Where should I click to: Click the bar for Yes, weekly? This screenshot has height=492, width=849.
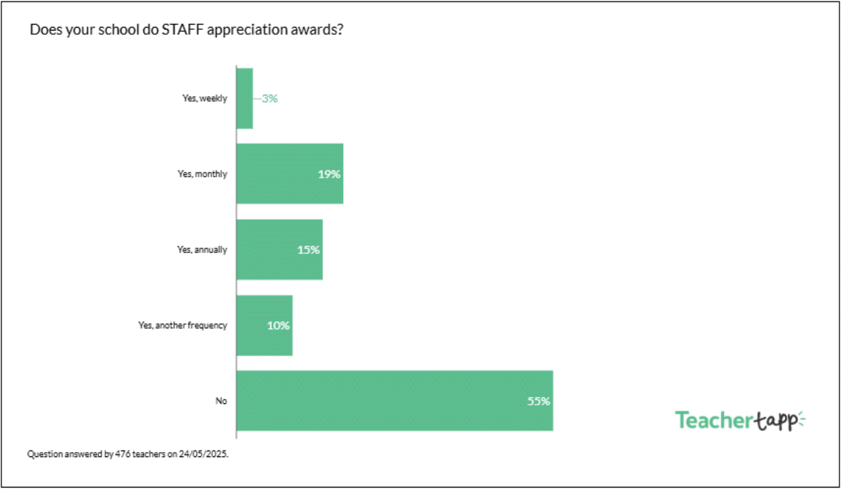tap(245, 98)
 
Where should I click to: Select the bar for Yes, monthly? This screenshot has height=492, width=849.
tap(289, 174)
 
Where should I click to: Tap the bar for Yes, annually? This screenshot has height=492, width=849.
tap(279, 250)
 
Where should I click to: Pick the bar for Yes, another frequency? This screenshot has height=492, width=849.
tap(265, 325)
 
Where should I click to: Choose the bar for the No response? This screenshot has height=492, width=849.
tap(395, 401)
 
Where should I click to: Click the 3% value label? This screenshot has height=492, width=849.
tap(270, 98)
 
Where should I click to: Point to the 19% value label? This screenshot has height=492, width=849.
tap(329, 175)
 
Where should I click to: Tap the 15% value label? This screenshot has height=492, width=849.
tap(308, 250)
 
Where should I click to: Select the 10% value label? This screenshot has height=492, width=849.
tap(278, 325)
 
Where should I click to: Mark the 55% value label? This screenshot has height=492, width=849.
tap(539, 401)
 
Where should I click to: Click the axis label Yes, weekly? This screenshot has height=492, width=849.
tap(204, 98)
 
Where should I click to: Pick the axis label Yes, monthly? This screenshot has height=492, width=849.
tap(202, 174)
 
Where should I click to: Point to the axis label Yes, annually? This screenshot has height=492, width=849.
tap(202, 250)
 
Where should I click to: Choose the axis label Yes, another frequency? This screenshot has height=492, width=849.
tap(182, 325)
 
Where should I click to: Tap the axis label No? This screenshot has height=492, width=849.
tap(221, 401)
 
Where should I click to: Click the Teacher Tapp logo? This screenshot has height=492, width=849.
tap(740, 421)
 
